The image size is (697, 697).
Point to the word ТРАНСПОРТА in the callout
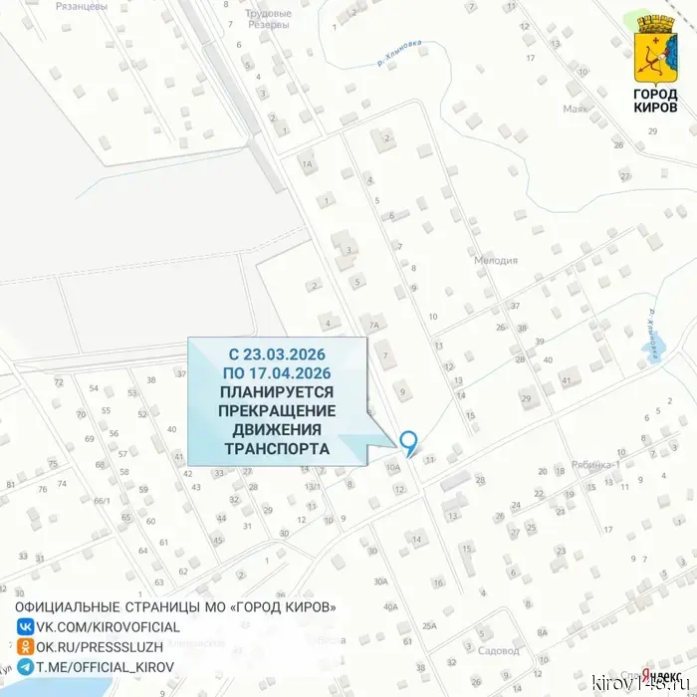pyautogui.click(x=278, y=448)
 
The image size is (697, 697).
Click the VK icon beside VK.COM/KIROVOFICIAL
pyautogui.click(x=24, y=627)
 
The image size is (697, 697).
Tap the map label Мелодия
pyautogui.click(x=495, y=261)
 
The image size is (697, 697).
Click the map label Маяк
pyautogui.click(x=577, y=109)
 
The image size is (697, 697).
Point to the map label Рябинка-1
pyautogui.click(x=596, y=464)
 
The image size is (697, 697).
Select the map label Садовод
pyautogui.click(x=499, y=651)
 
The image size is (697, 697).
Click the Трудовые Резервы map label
pyautogui.click(x=268, y=19)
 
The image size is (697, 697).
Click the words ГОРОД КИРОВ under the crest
pyautogui.click(x=655, y=101)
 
